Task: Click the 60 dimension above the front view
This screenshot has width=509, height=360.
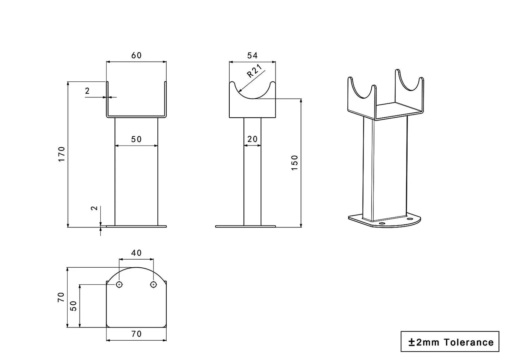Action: tap(136, 55)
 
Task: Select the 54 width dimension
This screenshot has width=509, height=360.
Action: tap(252, 55)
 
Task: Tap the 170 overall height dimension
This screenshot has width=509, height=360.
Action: tap(62, 154)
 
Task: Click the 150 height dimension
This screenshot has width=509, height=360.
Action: tap(295, 163)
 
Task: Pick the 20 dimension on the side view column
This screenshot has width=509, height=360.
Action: tap(252, 139)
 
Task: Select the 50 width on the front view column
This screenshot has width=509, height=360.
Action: tap(136, 139)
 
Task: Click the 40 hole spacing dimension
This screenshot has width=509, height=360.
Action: tap(136, 253)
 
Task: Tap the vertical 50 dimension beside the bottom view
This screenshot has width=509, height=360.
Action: tap(74, 305)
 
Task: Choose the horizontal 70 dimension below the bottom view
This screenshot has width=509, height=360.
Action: tap(136, 334)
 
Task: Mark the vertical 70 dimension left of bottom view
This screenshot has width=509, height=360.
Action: tap(61, 297)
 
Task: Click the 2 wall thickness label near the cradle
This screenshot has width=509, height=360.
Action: tap(87, 91)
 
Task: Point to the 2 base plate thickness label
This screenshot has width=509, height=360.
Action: tap(94, 208)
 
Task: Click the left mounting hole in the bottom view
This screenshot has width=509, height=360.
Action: tap(119, 284)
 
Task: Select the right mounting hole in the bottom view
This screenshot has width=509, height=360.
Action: tap(153, 284)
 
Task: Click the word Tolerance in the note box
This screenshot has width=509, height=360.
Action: tap(468, 342)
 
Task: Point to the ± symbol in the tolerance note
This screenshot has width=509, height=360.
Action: tap(411, 342)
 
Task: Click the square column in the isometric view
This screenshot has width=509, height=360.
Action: tap(385, 169)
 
